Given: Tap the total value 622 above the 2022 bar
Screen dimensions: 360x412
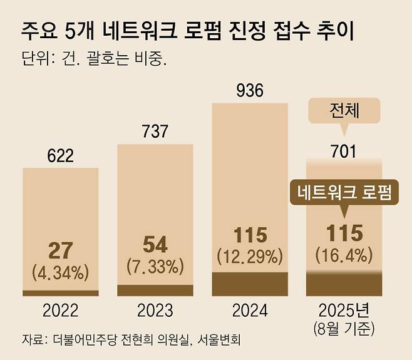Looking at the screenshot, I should click(x=60, y=155).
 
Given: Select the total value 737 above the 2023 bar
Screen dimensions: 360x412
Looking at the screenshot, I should click(x=155, y=131).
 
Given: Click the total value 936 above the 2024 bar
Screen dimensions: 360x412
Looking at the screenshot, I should click(x=249, y=92).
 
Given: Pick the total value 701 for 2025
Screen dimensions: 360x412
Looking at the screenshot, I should click(x=344, y=151).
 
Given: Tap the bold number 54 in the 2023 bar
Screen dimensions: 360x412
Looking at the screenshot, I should click(x=155, y=243).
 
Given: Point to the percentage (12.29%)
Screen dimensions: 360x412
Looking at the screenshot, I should click(x=250, y=255).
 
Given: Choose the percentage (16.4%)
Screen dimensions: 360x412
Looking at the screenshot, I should click(x=344, y=255).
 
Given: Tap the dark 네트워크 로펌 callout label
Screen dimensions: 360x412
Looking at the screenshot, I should click(x=344, y=192).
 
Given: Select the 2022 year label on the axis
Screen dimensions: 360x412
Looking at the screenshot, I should click(x=60, y=311).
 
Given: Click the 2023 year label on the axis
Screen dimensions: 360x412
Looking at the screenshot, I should click(x=155, y=311).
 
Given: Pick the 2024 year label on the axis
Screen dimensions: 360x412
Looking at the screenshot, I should click(x=249, y=311).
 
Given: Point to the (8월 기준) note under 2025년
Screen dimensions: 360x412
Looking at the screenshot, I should click(x=344, y=326).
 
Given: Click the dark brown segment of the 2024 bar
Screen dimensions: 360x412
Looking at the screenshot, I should click(x=250, y=284).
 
